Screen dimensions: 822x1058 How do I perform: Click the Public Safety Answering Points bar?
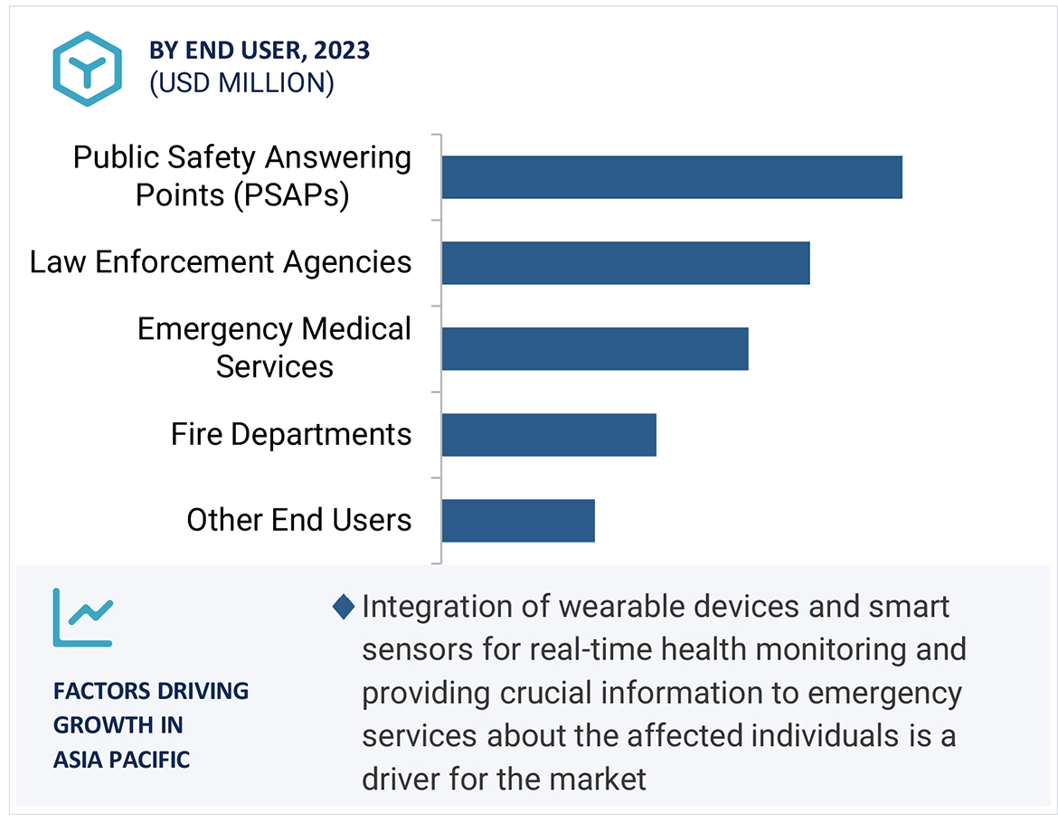[x=671, y=177]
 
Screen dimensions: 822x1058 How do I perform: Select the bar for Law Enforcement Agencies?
[x=625, y=263]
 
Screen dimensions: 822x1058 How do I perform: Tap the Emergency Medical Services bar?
[x=594, y=349]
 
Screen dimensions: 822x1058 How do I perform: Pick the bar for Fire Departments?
[x=548, y=435]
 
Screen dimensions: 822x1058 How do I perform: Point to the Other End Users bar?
[x=517, y=521]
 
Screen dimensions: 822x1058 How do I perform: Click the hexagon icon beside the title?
[x=87, y=69]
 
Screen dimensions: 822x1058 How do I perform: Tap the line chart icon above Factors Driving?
[x=82, y=618]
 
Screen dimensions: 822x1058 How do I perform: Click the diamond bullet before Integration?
[x=344, y=607]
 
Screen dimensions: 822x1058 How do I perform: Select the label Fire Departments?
[x=290, y=435]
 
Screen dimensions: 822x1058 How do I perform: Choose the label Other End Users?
[x=298, y=520]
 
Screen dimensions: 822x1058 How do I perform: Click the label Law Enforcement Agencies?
[x=221, y=262]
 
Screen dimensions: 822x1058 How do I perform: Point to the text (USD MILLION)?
[x=241, y=83]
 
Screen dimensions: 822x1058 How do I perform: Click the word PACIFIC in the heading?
[x=152, y=760]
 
